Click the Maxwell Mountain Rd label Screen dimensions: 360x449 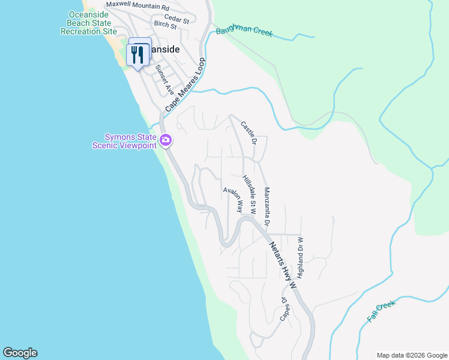click(138, 8)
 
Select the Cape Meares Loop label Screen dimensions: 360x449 click(185, 85)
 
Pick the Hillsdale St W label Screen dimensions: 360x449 click(250, 195)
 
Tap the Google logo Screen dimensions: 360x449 click(20, 353)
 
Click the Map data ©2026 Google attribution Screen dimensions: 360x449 click(411, 355)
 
